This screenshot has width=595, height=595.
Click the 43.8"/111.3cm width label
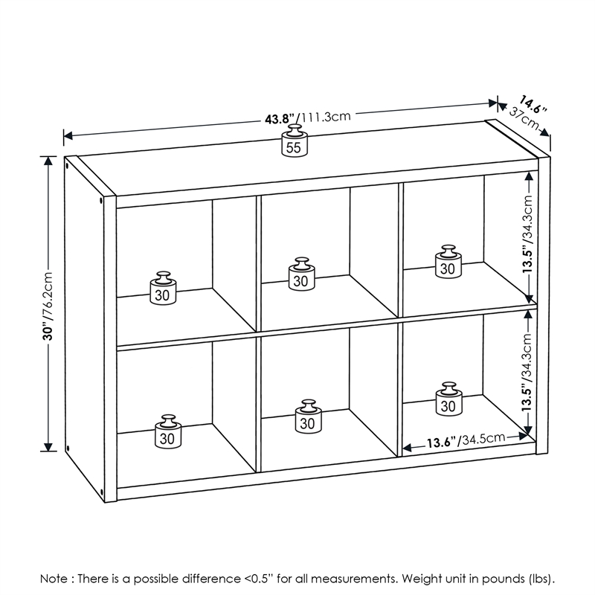tap(306, 118)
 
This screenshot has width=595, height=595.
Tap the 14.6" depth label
tap(533, 104)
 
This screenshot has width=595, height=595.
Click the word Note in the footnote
tap(55, 578)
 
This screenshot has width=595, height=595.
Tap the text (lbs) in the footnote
tap(540, 578)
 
